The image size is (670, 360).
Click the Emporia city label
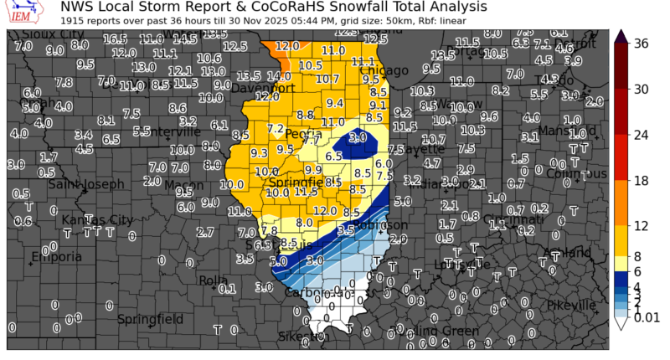57,257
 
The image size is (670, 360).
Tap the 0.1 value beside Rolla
226,289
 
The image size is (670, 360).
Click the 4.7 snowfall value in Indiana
432,163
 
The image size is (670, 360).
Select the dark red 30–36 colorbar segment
621,66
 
